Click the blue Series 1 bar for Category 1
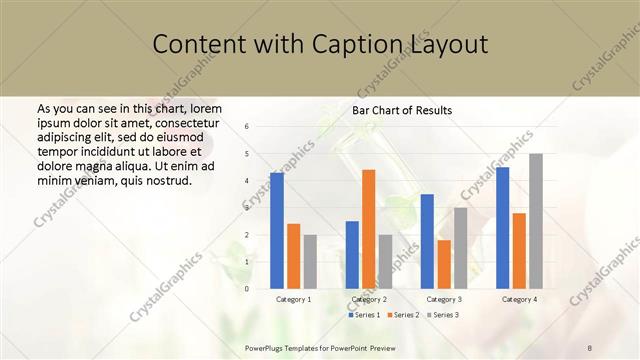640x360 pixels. click(277, 231)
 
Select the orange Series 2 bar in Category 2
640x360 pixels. click(368, 229)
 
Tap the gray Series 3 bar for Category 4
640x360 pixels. click(536, 221)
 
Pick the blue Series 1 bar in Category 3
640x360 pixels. click(427, 241)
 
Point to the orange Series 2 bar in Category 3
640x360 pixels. click(444, 264)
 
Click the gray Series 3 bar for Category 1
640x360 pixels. click(310, 262)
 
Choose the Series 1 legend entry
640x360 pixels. click(364, 315)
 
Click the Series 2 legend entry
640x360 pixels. click(403, 315)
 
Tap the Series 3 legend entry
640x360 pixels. click(443, 315)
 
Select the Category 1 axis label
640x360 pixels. click(293, 299)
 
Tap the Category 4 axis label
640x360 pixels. click(519, 299)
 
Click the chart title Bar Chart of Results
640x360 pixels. click(402, 110)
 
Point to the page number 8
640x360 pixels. click(590, 348)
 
